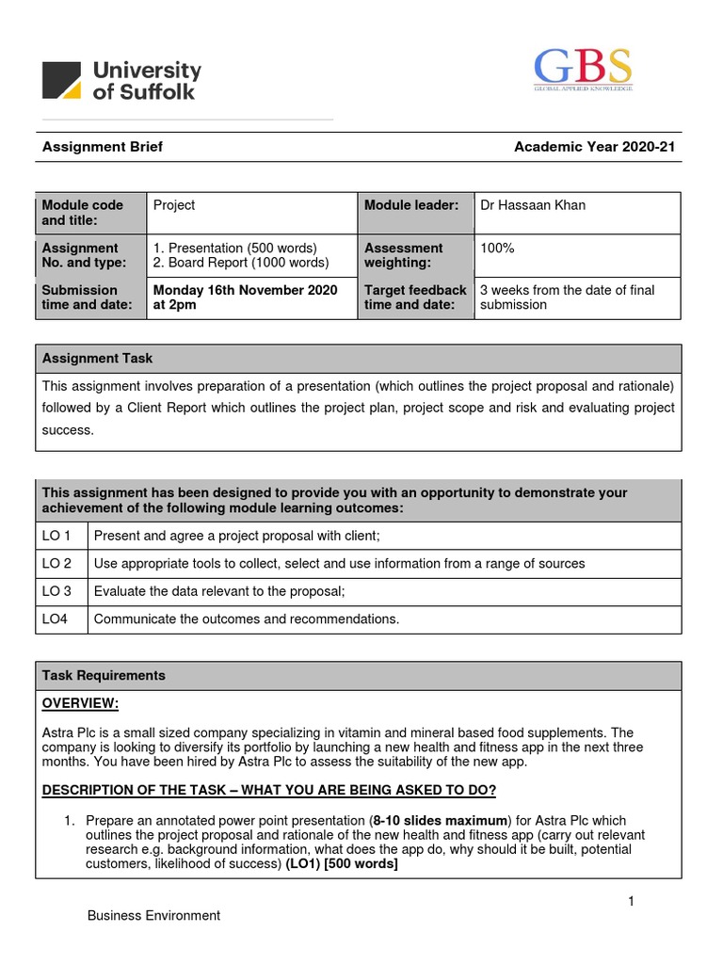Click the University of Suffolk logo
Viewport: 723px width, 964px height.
[x=121, y=80]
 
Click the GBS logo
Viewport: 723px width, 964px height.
[x=583, y=70]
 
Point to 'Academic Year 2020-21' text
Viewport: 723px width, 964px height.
[x=594, y=147]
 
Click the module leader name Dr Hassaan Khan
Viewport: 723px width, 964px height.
[x=533, y=205]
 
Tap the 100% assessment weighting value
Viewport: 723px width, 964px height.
[x=498, y=249]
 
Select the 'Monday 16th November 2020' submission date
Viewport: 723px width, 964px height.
[x=245, y=290]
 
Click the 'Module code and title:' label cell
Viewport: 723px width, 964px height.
[x=83, y=212]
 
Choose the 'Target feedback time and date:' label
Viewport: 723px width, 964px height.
[x=415, y=297]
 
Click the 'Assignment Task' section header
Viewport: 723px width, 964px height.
[x=98, y=359]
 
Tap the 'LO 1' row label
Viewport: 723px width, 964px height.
[x=56, y=536]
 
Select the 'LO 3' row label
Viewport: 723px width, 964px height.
[x=56, y=591]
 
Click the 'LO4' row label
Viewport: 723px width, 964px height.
[x=56, y=619]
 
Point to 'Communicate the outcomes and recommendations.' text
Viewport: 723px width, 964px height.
[x=247, y=619]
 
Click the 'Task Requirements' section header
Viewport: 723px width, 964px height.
[x=104, y=676]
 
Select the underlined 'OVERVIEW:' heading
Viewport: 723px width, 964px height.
[x=81, y=704]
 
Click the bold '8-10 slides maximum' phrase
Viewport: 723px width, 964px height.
[x=439, y=821]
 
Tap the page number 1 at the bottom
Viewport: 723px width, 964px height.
[x=632, y=902]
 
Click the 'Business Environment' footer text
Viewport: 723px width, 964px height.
[x=153, y=915]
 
